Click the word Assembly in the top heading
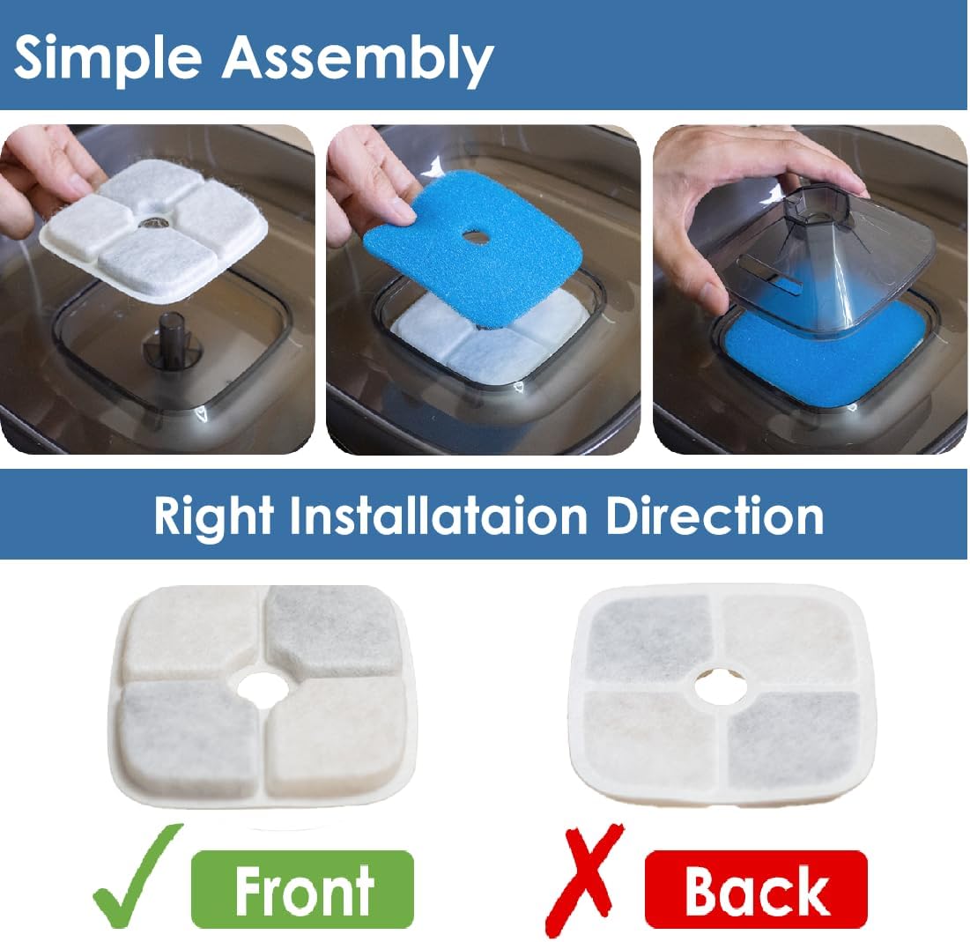click(358, 60)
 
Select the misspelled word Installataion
click(439, 516)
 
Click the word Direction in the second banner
click(715, 516)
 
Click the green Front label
click(302, 889)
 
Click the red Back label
click(756, 890)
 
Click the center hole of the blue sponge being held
click(475, 236)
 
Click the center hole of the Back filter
click(721, 687)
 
